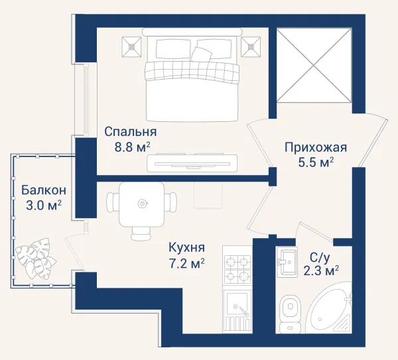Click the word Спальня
pos(131,132)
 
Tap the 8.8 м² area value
pos(133,147)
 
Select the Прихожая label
pos(316,148)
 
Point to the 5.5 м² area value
pos(316,162)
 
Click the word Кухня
pos(186,247)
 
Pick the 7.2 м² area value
pos(187,264)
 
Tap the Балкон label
pos(44,190)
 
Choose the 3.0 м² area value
pos(44,206)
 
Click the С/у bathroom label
pos(320,259)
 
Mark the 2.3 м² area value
pos(321,271)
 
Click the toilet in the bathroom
pos(289,313)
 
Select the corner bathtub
pos(329,308)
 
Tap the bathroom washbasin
pos(287,261)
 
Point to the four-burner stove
pos(237,268)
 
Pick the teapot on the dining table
pos(142,204)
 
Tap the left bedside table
pos(131,46)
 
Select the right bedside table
pos(251,46)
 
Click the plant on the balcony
pos(36,259)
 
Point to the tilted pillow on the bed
pos(201,54)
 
